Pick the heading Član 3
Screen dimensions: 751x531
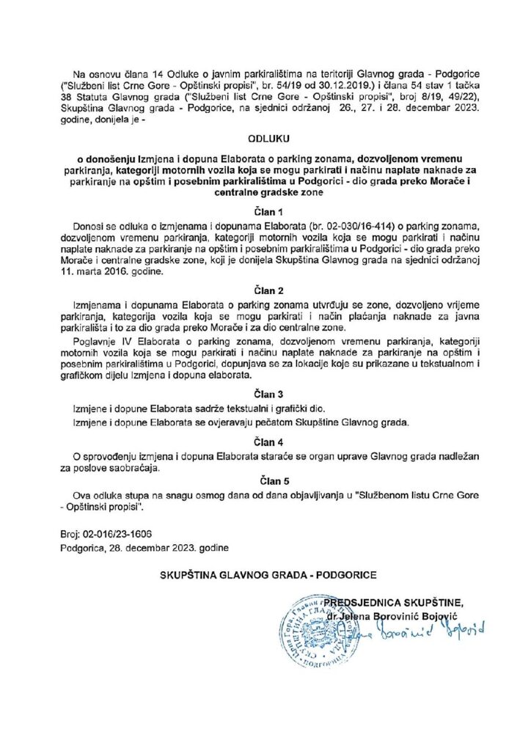click(265, 393)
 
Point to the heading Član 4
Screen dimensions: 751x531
click(265, 442)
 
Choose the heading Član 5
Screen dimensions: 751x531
click(265, 481)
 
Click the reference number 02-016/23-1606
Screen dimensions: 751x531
click(117, 535)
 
